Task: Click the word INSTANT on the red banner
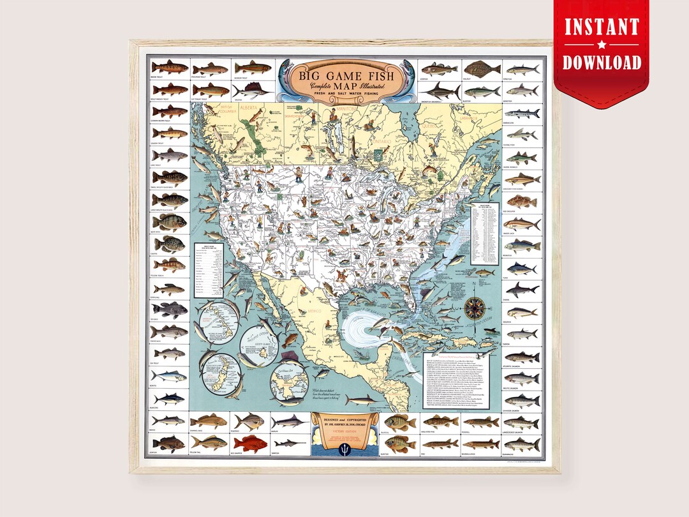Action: [x=602, y=28]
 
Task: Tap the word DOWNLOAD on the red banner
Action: [x=602, y=62]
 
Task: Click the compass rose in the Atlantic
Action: [x=473, y=308]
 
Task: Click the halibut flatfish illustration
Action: [x=481, y=68]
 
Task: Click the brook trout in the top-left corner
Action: [x=169, y=67]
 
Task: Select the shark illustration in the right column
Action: [x=522, y=289]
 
